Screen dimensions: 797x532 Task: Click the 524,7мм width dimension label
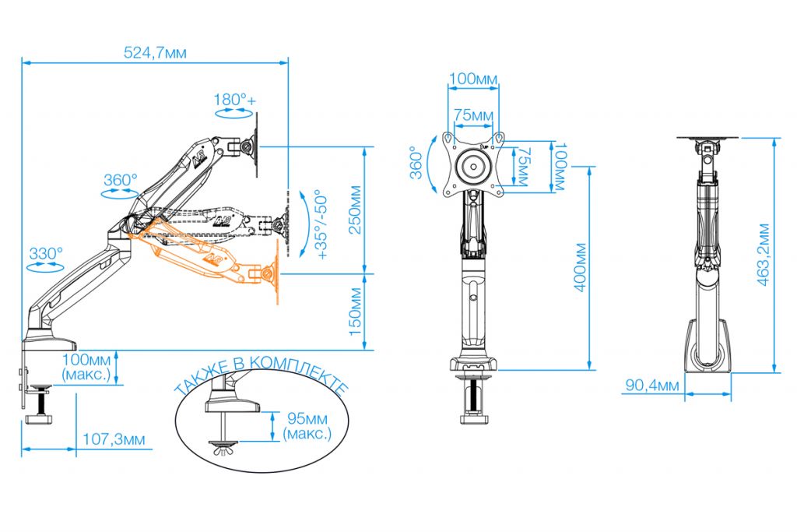pyautogui.click(x=155, y=52)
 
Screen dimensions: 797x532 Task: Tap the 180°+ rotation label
pyautogui.click(x=235, y=100)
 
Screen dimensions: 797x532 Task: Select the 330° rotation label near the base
pyautogui.click(x=46, y=253)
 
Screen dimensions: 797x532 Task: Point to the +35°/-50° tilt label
pyautogui.click(x=322, y=224)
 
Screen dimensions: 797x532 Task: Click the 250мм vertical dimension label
pyautogui.click(x=355, y=210)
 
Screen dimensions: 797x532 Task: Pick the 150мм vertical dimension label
pyautogui.click(x=355, y=312)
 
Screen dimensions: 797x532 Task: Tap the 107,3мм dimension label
pyautogui.click(x=114, y=439)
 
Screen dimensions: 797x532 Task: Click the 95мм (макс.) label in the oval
pyautogui.click(x=307, y=426)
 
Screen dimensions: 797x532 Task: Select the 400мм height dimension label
pyautogui.click(x=581, y=267)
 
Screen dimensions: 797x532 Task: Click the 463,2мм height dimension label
pyautogui.click(x=764, y=254)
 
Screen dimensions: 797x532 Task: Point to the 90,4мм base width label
pyautogui.click(x=652, y=385)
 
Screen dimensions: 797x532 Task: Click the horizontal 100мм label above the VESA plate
pyautogui.click(x=473, y=79)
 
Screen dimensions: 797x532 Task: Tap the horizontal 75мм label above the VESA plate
pyautogui.click(x=473, y=115)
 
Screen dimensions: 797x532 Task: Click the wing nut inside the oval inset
pyautogui.click(x=223, y=449)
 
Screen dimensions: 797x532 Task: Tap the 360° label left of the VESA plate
pyautogui.click(x=416, y=163)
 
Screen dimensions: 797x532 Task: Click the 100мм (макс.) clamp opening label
pyautogui.click(x=86, y=367)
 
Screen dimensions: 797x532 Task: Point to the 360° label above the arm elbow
pyautogui.click(x=121, y=180)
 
